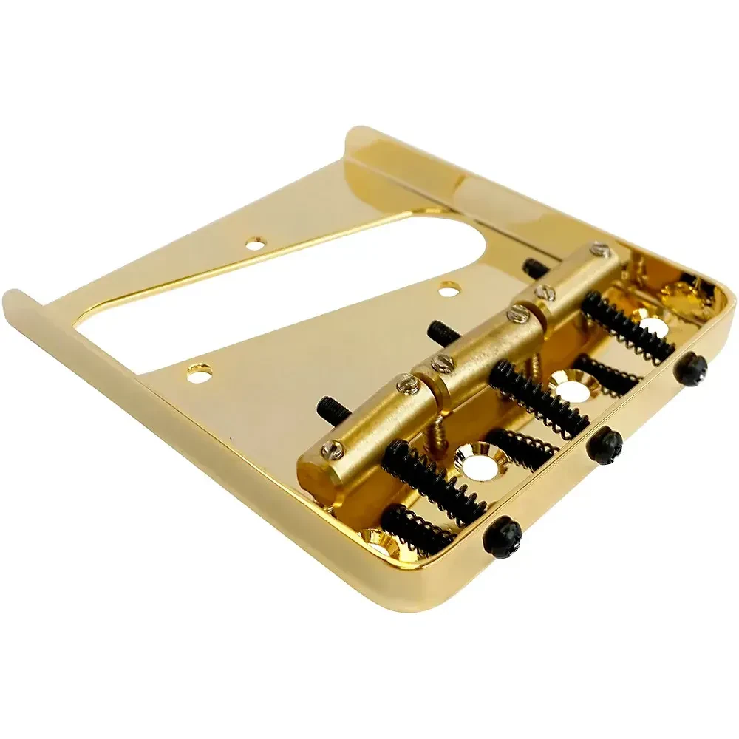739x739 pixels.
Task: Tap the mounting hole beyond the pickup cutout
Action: tap(256, 242)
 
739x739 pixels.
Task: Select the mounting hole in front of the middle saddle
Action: tap(447, 289)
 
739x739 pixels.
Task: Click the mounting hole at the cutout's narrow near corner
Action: tap(198, 374)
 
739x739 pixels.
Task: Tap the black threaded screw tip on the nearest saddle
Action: tap(327, 406)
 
